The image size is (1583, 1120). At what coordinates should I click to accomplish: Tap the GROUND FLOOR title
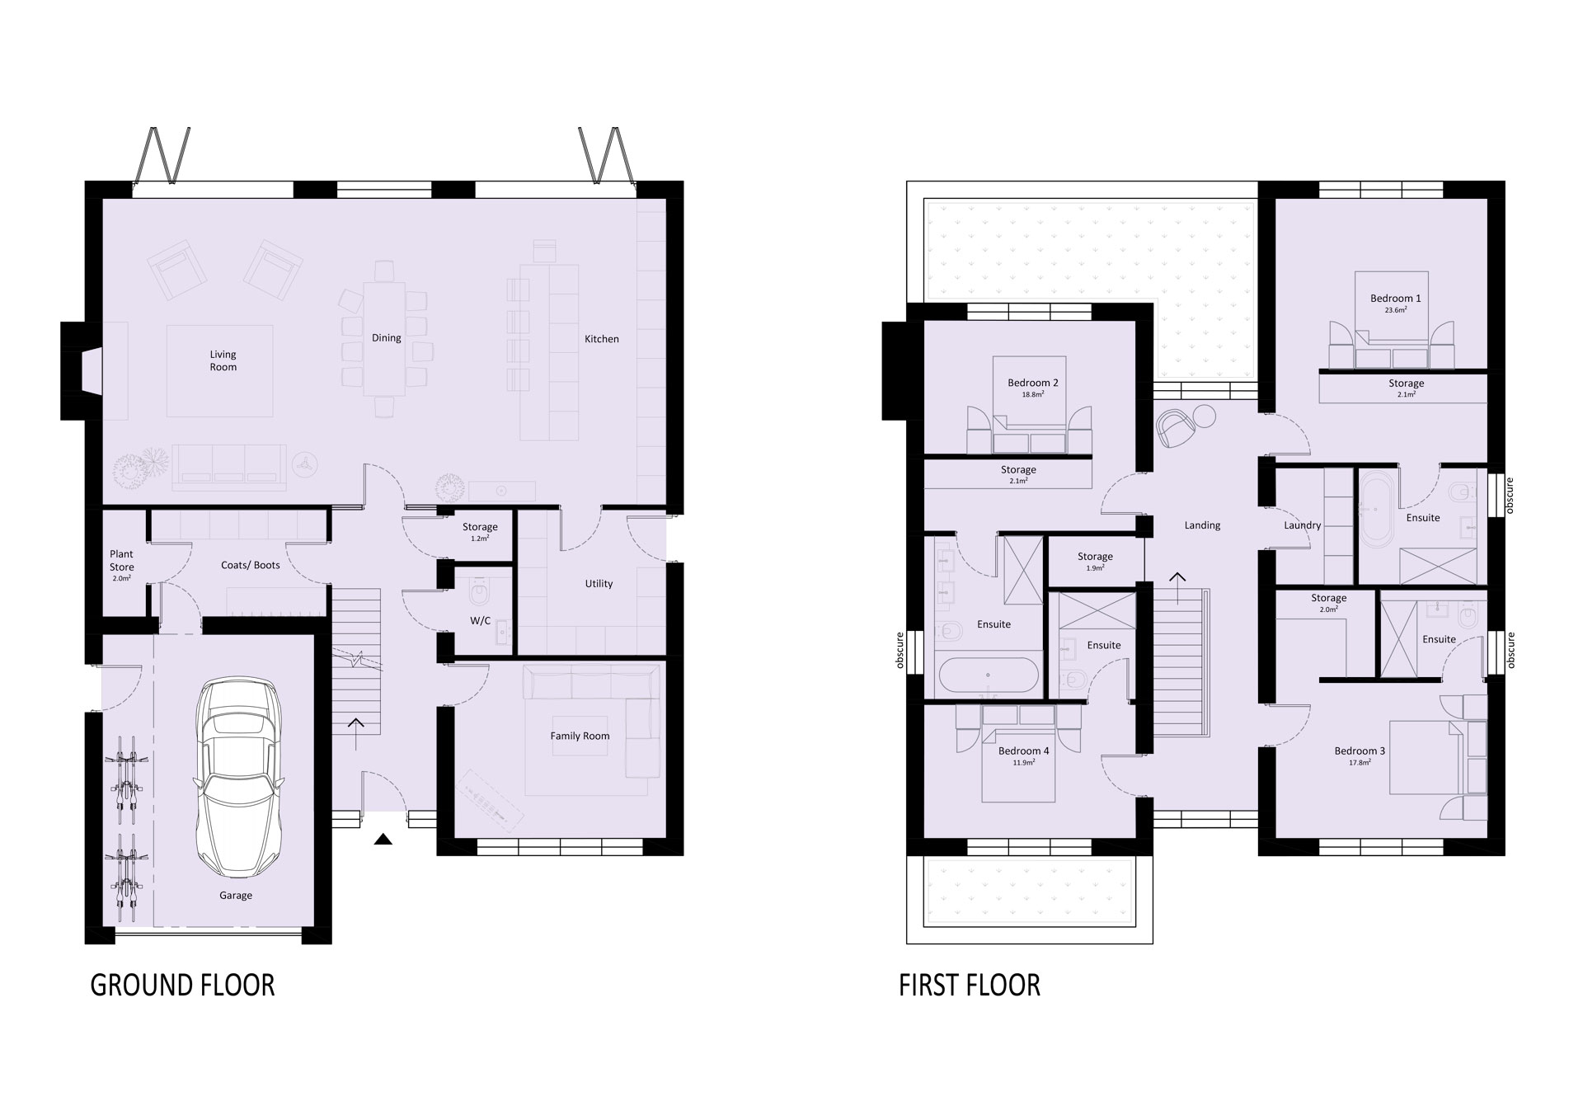pos(182,985)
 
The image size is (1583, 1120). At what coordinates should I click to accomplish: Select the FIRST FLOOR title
pos(970,985)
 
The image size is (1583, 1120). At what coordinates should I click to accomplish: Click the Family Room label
pos(580,736)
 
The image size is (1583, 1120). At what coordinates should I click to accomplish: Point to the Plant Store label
pos(122,561)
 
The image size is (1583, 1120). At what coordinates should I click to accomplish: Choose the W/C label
pos(480,620)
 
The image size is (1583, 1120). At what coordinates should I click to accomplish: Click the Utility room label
pos(599,583)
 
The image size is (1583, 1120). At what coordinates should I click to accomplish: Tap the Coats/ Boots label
pos(251,565)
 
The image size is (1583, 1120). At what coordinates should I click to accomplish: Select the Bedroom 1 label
pos(1396,299)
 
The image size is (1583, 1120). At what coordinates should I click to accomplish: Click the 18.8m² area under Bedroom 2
pos(1033,395)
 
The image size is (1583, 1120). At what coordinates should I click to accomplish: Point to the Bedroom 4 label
pos(1024,751)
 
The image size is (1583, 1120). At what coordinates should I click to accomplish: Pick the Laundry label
pos(1303,525)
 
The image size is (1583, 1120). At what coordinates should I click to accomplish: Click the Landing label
pos(1202,525)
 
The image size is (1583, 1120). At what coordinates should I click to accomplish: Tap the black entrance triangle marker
pos(382,840)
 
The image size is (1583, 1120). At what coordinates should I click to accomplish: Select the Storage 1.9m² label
pos(1095,562)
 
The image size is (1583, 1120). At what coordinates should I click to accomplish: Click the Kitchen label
pos(602,339)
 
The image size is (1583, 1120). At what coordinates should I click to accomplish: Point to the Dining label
pos(387,337)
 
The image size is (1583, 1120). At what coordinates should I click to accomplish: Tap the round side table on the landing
pos(1205,416)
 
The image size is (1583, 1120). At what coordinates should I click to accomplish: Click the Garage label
pos(236,895)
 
